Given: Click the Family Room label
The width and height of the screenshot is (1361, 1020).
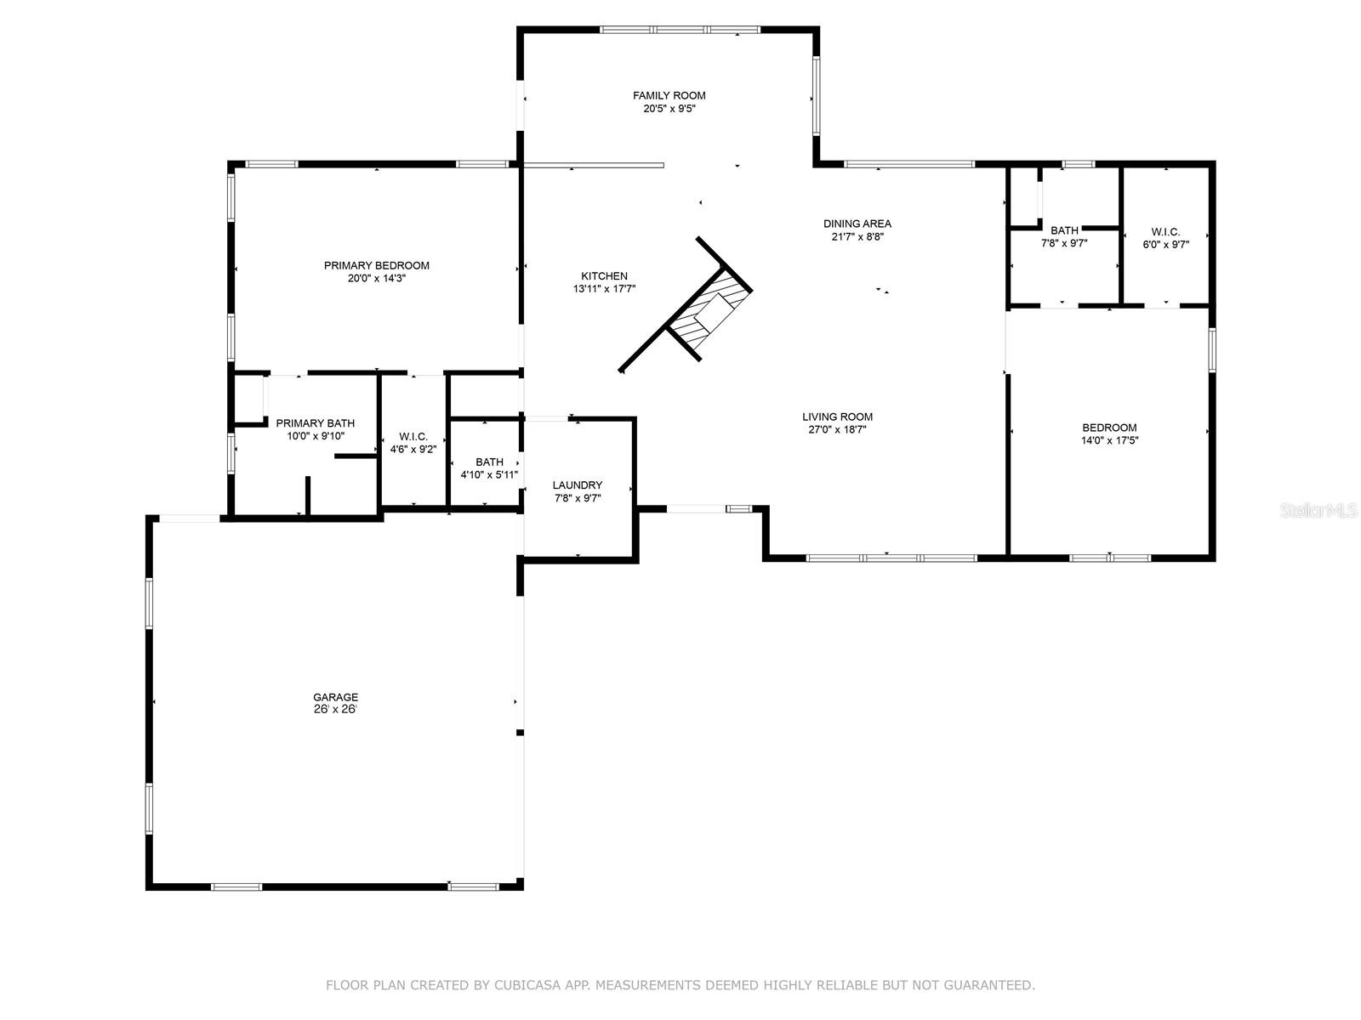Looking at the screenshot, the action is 669,95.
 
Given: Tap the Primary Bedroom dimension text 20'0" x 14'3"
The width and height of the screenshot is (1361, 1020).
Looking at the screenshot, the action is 376,279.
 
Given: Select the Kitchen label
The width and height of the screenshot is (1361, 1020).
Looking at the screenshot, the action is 604,276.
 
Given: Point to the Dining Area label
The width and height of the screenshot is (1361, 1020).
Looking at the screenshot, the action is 857,224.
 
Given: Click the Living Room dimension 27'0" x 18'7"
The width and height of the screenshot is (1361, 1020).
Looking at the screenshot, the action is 837,430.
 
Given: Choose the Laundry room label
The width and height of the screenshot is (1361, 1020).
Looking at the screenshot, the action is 578,484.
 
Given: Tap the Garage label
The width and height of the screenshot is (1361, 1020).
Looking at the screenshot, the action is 335,697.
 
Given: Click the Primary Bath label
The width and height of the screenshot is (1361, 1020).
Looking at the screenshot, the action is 315,423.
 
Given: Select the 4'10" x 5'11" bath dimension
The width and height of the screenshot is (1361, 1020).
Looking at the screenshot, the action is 488,475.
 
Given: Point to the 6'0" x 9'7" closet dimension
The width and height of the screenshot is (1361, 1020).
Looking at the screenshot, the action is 1165,245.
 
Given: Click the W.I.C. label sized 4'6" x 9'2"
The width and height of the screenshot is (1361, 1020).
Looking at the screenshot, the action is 413,437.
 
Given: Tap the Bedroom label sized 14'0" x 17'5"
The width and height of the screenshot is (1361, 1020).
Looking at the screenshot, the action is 1109,428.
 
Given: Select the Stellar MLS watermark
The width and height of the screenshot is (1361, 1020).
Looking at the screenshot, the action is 1318,510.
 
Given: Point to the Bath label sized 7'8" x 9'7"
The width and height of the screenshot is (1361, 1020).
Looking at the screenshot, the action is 1064,230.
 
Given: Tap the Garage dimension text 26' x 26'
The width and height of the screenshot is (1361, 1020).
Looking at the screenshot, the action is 335,710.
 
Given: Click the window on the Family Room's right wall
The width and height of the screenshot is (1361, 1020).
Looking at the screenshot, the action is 816,96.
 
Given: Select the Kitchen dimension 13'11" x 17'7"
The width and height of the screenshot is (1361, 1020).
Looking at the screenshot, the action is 604,289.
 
